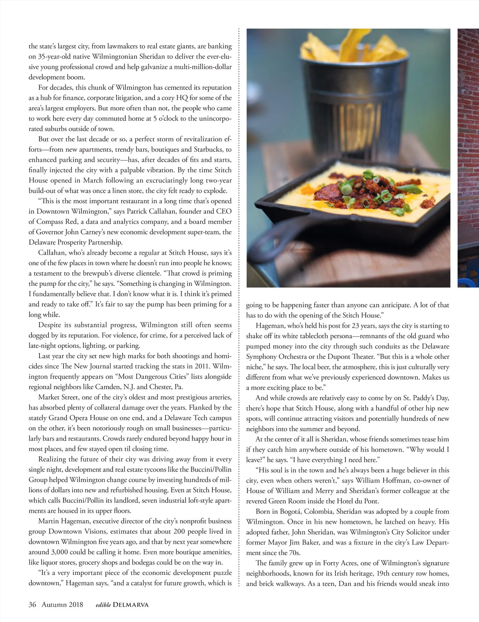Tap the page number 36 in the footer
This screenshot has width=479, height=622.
click(32, 604)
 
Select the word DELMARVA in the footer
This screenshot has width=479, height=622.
click(131, 604)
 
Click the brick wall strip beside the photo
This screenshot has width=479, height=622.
click(468, 120)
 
